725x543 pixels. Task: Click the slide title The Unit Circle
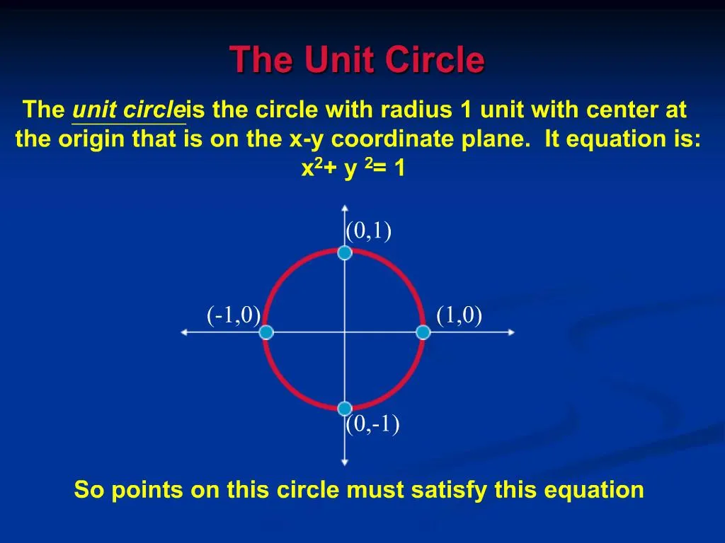tap(357, 60)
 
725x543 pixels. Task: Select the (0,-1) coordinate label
tap(372, 424)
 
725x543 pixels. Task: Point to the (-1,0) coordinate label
tap(234, 315)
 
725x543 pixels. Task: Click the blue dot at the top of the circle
tap(344, 253)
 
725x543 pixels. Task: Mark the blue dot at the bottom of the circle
tap(344, 409)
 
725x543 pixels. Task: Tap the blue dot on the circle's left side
tap(266, 332)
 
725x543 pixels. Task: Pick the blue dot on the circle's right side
tap(423, 332)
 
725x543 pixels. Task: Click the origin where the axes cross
tap(344, 332)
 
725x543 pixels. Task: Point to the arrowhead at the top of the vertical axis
tap(344, 208)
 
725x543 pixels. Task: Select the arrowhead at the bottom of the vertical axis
tap(344, 462)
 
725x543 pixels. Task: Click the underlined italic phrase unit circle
tap(128, 111)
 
